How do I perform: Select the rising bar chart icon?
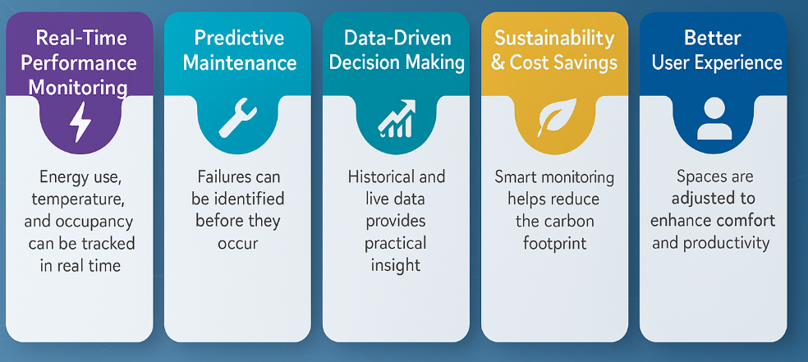[x=396, y=121]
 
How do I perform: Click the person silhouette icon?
[x=712, y=120]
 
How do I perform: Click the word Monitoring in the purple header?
[x=80, y=87]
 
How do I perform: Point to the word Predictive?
[x=239, y=38]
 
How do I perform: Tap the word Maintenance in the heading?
[x=239, y=63]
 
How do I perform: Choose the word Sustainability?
[x=553, y=38]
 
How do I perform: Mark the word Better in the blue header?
[x=711, y=38]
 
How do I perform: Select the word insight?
[x=397, y=265]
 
